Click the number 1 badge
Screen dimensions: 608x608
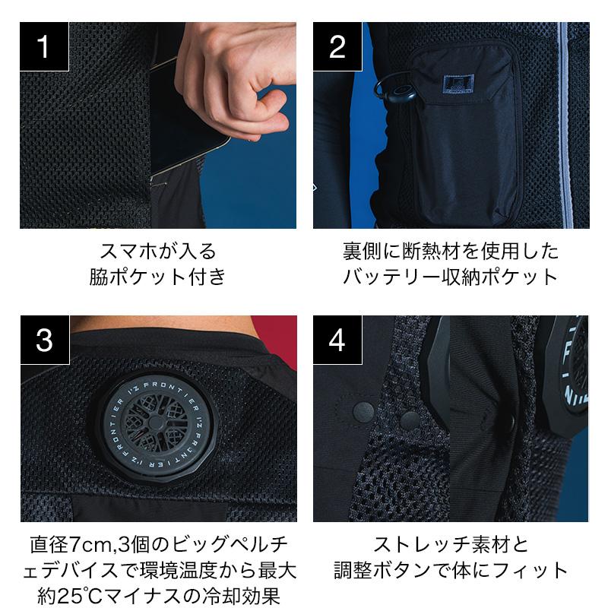click(x=44, y=46)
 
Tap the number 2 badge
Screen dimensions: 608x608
click(x=337, y=46)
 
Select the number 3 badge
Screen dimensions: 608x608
click(x=45, y=340)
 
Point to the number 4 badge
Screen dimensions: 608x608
click(x=337, y=340)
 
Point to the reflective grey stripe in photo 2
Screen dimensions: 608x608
click(x=565, y=125)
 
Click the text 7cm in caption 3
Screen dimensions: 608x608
click(x=91, y=545)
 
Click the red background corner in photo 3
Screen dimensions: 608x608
click(x=275, y=334)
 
